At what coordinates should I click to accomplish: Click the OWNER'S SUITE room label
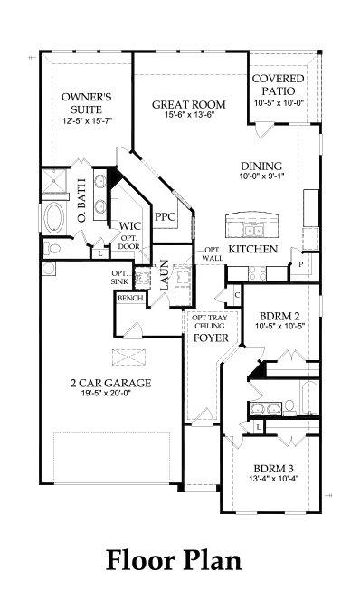coord(86,101)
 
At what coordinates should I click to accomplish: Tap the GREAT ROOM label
coord(188,105)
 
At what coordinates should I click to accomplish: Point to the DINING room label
coord(261,166)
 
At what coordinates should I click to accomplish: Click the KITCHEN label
coord(252,249)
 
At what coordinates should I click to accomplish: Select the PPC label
coord(165,217)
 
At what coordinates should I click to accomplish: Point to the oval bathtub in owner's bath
coord(53,217)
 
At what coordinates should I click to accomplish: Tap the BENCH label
coord(128,298)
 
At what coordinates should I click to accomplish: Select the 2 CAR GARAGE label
coord(111,383)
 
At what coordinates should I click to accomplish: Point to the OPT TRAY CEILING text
coord(205,322)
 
